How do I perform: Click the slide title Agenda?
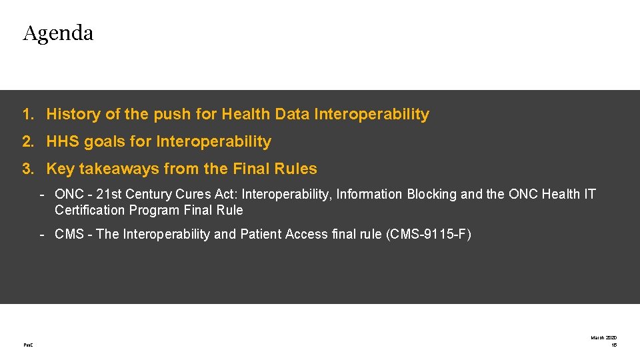click(58, 33)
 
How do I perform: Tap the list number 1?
click(27, 115)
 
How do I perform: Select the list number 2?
click(27, 142)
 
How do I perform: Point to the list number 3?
click(27, 169)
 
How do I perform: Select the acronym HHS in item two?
click(63, 142)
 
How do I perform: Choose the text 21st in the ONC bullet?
click(110, 195)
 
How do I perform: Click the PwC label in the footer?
click(27, 345)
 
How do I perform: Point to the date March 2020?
click(603, 338)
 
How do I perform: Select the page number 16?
click(613, 345)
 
